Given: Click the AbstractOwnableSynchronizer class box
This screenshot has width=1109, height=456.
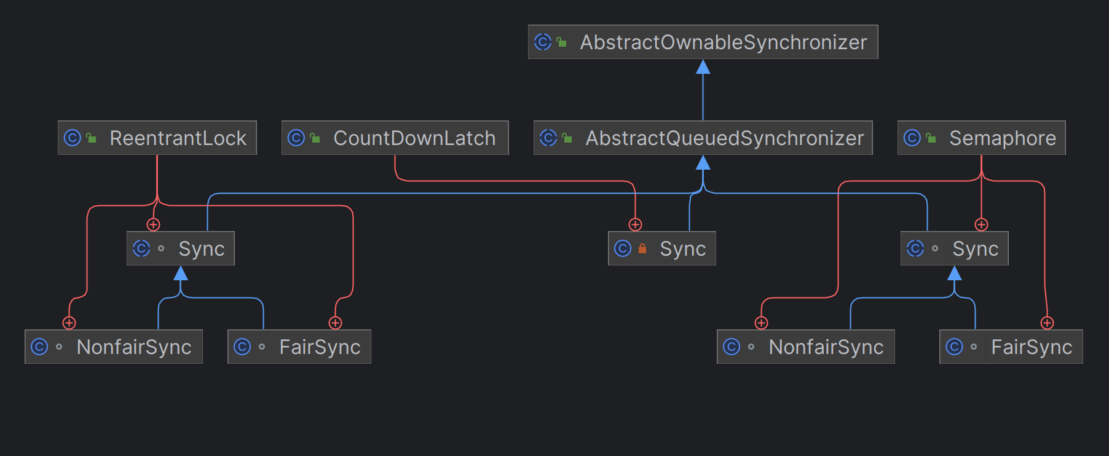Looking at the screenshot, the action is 703,42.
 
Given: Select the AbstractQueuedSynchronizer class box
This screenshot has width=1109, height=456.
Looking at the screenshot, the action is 703,138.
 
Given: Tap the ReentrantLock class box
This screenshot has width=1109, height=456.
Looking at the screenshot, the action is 157,138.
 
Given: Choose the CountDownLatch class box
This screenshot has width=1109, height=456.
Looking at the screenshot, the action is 395,138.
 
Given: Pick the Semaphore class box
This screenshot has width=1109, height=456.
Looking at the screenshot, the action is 981,138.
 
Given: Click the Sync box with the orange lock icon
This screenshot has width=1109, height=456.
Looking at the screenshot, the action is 661,248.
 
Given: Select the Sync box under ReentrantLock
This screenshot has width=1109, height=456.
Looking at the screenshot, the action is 180,248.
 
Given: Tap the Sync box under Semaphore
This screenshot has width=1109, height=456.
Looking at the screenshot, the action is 954,248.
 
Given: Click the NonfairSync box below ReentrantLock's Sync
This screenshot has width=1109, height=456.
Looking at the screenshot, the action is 114,347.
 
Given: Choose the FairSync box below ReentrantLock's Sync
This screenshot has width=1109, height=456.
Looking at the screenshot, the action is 299,347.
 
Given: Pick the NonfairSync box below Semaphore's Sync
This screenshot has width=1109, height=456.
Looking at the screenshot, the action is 805,347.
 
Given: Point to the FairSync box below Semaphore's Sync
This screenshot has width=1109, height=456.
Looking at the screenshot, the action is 1011,347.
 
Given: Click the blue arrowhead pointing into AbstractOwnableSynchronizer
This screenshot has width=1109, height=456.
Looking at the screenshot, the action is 703,66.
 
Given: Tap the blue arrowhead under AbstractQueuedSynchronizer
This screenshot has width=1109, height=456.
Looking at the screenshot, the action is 703,162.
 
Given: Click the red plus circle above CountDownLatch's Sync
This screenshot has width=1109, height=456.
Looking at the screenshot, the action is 635,225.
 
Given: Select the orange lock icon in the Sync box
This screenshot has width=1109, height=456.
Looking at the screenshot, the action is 642,248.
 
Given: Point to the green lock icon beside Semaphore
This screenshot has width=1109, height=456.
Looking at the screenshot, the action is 931,138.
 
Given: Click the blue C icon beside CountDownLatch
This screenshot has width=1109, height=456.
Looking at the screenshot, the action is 296,138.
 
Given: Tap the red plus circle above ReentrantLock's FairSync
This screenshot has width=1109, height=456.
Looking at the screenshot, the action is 335,323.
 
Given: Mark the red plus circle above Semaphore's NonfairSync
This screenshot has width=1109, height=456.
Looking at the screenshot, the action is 761,323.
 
